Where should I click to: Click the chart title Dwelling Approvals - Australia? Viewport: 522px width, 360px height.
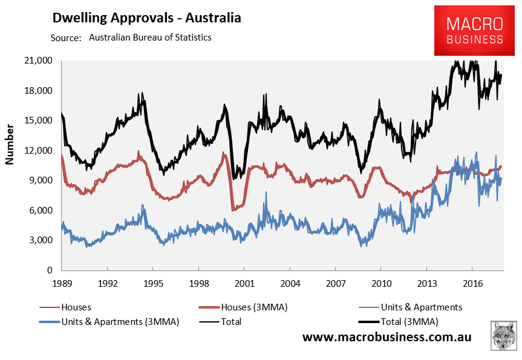click(x=147, y=18)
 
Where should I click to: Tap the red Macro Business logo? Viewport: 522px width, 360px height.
click(x=474, y=31)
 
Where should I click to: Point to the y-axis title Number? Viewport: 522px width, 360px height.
click(x=10, y=145)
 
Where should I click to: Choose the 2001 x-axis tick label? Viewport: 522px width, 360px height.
click(x=244, y=283)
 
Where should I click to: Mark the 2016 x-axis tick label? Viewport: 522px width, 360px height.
click(x=471, y=283)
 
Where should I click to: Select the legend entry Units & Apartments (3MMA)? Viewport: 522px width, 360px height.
click(x=120, y=321)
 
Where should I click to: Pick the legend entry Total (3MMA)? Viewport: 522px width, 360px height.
click(x=409, y=321)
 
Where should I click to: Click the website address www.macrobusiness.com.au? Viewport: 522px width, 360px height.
click(x=387, y=337)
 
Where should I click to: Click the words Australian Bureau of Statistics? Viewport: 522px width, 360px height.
click(x=150, y=38)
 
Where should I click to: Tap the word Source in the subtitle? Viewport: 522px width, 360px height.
click(x=66, y=38)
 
